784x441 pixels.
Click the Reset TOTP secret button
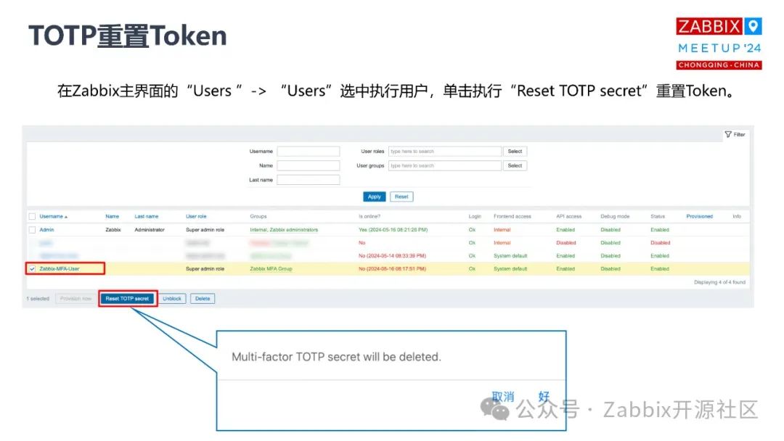point(128,298)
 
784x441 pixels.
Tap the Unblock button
point(173,298)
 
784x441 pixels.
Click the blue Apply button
point(375,197)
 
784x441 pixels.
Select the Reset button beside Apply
point(401,197)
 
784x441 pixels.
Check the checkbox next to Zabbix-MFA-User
point(32,268)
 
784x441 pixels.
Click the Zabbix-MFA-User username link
point(60,268)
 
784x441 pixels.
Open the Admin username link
point(46,230)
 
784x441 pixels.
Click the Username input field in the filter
point(308,152)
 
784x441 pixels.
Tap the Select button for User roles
point(515,152)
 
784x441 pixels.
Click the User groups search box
point(444,165)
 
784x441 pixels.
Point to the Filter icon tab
point(735,134)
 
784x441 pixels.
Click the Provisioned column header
point(699,216)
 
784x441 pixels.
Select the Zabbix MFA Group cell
point(271,268)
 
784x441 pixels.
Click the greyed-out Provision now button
point(75,298)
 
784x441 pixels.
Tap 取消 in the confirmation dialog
point(503,397)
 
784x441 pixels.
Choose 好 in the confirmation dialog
point(544,397)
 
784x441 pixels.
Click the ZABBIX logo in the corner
point(709,27)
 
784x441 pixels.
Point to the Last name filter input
point(308,180)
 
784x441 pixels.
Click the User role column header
point(196,216)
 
